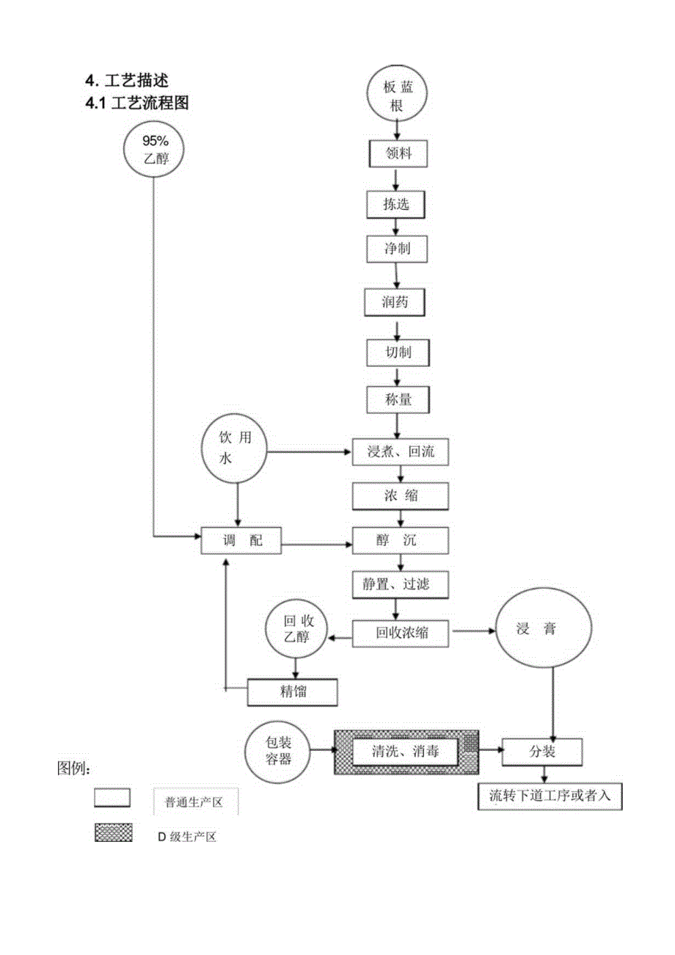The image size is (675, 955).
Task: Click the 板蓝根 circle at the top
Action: tap(397, 95)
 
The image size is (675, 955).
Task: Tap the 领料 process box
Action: tap(396, 155)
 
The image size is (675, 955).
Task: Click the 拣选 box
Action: tap(396, 205)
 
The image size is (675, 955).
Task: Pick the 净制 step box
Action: tap(397, 249)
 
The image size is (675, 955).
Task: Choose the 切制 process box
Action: tap(398, 353)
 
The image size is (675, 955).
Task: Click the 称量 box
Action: tap(397, 401)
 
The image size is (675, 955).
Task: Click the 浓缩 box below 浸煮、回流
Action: tap(400, 496)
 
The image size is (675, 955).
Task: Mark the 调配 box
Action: tap(241, 542)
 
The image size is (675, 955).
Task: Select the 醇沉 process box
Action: tap(400, 542)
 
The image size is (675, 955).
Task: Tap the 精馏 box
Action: tap(292, 690)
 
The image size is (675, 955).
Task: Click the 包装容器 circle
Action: tap(279, 751)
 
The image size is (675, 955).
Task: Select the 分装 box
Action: tap(542, 752)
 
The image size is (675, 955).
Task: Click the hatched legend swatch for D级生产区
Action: tap(113, 832)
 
